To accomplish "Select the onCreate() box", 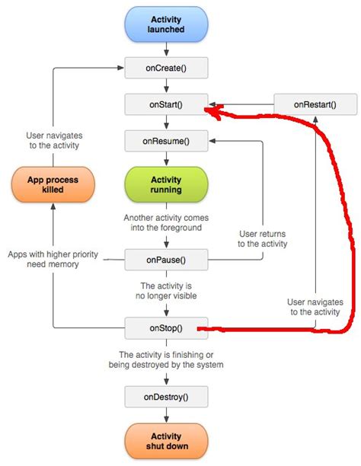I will pos(165,69).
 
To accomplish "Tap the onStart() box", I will pos(165,104).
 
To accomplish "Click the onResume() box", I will pos(165,141).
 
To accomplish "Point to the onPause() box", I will pos(165,260).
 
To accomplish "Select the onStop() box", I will pos(165,329).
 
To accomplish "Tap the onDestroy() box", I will pos(165,396).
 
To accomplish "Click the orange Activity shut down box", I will pos(165,440).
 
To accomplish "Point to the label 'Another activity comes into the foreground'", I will pos(165,222).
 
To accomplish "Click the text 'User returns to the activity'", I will pos(263,238).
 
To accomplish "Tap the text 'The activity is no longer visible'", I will pos(165,291).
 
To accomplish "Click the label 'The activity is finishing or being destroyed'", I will pos(165,359).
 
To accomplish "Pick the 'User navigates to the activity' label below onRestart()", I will pos(315,307).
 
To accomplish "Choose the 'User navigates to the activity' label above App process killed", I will pos(52,140).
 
